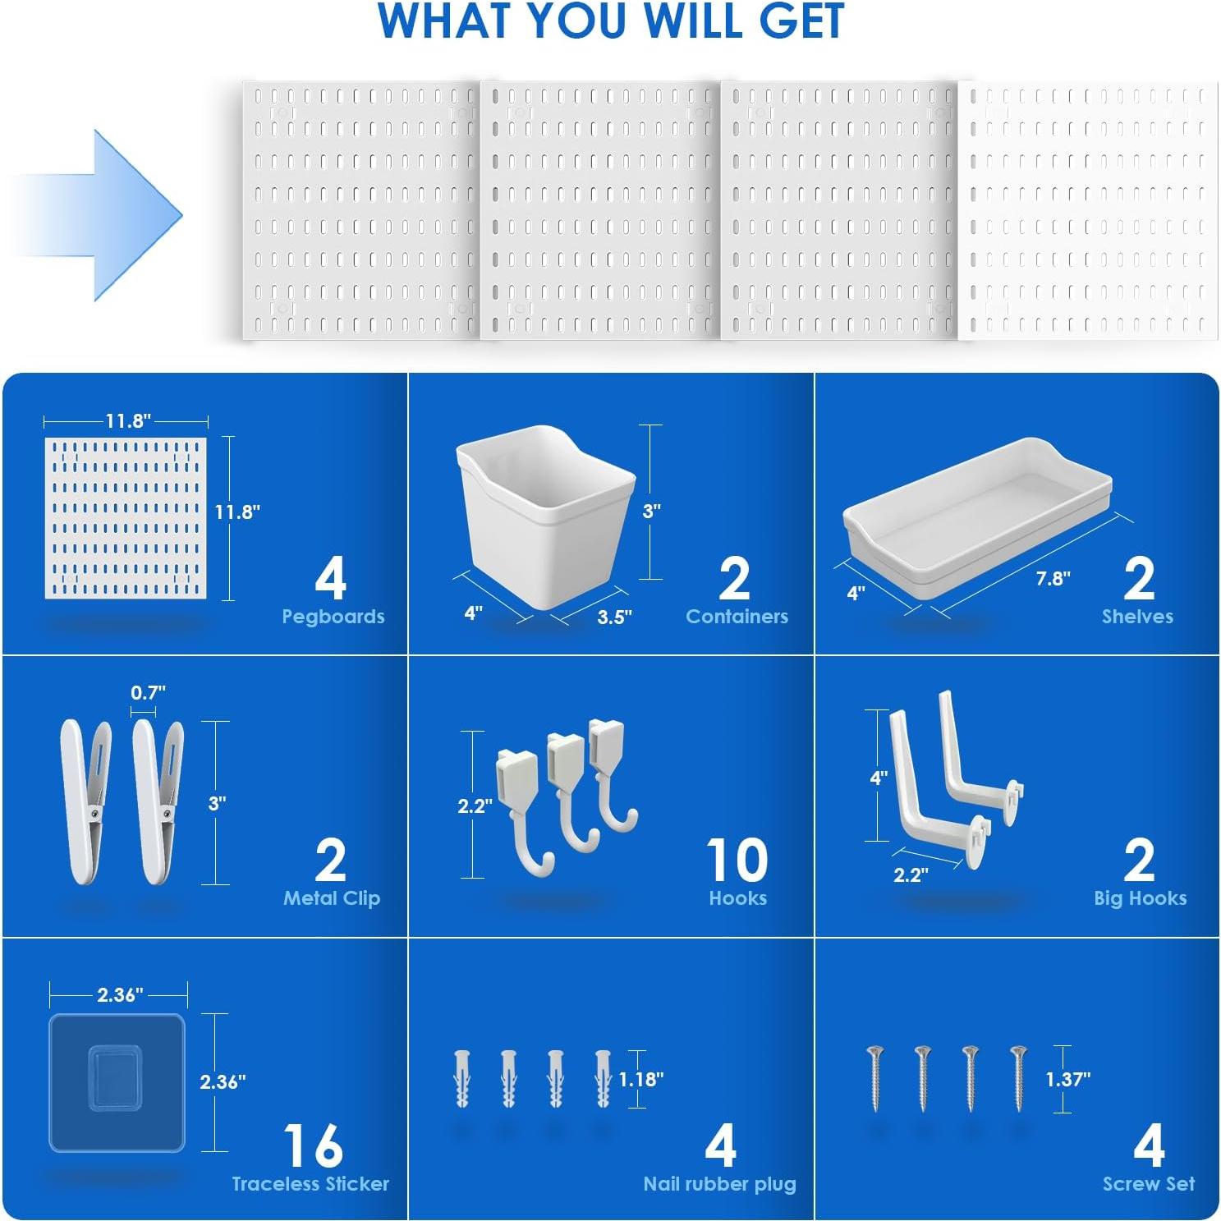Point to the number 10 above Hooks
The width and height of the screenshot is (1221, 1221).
coord(737,861)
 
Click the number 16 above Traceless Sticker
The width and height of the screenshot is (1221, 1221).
coord(312,1146)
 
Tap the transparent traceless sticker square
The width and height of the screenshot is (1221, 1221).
coord(117,1082)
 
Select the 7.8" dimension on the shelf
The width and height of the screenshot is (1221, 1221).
coord(1052,579)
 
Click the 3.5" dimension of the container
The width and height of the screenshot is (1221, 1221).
coord(614,617)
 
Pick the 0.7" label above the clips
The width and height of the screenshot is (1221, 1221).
coord(148,693)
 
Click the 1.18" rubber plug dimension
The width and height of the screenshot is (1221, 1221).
coord(640,1079)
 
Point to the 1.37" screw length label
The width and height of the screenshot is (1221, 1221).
coord(1067,1079)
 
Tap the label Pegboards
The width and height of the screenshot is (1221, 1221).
coord(333,617)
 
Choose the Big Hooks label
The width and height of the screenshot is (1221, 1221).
coord(1140,898)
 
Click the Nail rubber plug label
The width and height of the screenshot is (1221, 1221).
coord(719,1184)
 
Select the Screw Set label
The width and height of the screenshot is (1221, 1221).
coord(1148,1184)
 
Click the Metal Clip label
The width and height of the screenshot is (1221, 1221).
coord(331,898)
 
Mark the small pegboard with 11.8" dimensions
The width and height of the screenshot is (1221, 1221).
coord(125,517)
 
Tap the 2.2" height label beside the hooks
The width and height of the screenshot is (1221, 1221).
coord(475,806)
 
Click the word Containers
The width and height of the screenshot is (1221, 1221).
coord(737,617)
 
